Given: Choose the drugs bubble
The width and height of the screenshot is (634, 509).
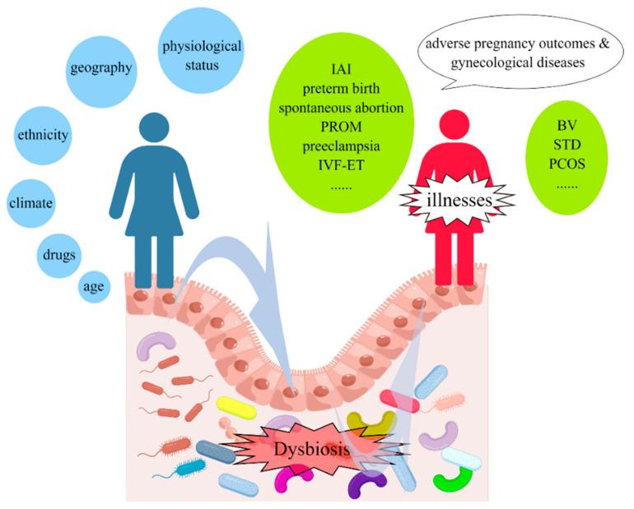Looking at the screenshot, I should pyautogui.click(x=58, y=254).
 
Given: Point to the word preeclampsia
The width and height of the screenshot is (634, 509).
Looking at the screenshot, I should pyautogui.click(x=347, y=148).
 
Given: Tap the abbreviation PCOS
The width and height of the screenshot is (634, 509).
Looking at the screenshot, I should pyautogui.click(x=566, y=163).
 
